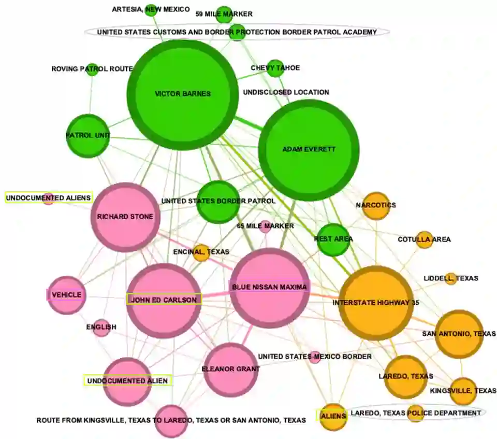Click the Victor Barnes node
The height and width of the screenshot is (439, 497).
(x=183, y=94)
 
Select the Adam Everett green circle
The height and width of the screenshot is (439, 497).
(x=309, y=150)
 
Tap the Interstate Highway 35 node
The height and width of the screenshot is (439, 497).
(x=376, y=303)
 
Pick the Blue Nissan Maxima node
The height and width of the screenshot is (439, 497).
(x=269, y=288)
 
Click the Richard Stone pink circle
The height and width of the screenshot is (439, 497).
(x=125, y=217)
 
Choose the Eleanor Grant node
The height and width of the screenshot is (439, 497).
(x=230, y=370)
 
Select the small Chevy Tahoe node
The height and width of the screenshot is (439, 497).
(x=275, y=68)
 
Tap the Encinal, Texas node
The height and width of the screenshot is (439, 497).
(x=200, y=252)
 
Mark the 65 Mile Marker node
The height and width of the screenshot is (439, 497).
(x=265, y=226)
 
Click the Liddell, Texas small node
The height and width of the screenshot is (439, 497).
(x=450, y=278)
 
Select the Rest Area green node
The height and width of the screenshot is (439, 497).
(x=333, y=239)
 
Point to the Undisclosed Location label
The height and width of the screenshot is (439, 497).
(x=286, y=92)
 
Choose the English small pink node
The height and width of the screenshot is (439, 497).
(x=101, y=328)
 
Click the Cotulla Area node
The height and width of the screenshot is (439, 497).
(x=424, y=239)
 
